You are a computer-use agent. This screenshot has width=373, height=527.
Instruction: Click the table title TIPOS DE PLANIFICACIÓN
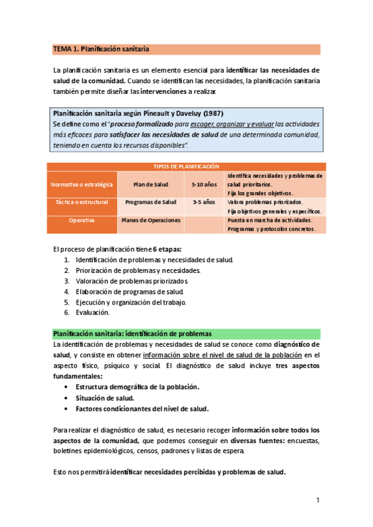(186, 167)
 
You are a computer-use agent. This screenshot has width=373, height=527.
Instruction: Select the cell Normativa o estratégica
(82, 185)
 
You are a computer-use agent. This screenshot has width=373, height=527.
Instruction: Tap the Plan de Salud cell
(151, 185)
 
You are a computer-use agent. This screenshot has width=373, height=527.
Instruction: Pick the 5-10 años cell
(204, 185)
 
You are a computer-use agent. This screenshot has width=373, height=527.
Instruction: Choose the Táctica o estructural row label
(82, 203)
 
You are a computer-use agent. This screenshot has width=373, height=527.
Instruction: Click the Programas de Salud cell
(151, 203)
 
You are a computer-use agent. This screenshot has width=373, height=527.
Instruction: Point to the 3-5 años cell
(204, 203)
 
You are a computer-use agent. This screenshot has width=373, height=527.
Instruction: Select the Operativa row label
(82, 221)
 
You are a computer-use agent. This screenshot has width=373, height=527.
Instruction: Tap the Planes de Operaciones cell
(151, 220)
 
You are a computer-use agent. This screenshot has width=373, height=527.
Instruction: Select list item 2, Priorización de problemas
(138, 270)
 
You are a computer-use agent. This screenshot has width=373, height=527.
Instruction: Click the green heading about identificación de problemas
(132, 334)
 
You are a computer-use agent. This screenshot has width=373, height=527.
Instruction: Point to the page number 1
(318, 500)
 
